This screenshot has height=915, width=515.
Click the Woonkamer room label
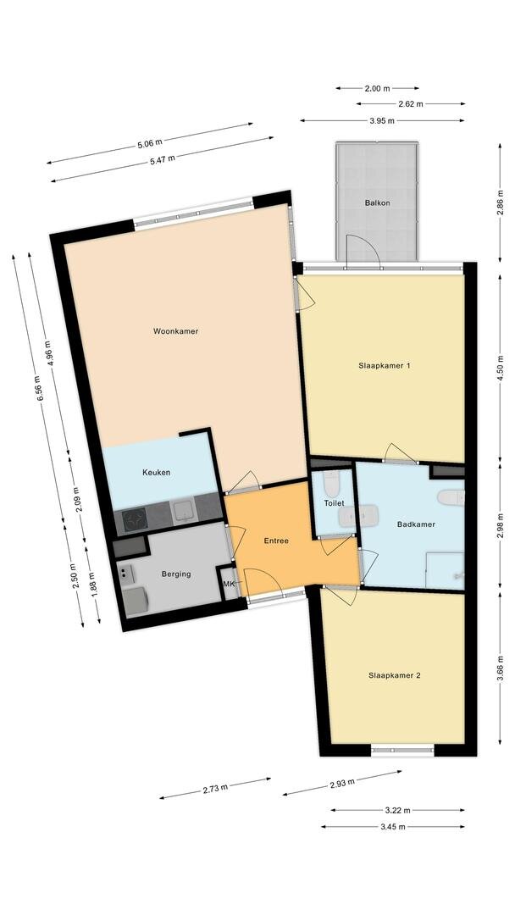pyautogui.click(x=175, y=331)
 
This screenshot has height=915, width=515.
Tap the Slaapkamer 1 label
pyautogui.click(x=385, y=366)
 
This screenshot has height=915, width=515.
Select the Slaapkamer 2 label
pyautogui.click(x=394, y=676)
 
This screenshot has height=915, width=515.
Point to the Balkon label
pyautogui.click(x=377, y=203)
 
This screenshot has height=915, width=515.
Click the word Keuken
pyautogui.click(x=157, y=472)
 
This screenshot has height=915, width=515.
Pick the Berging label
pyautogui.click(x=176, y=574)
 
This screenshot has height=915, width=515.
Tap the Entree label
pyautogui.click(x=276, y=541)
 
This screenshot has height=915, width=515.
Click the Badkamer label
pyautogui.click(x=416, y=524)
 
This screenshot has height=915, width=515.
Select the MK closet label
pyautogui.click(x=229, y=584)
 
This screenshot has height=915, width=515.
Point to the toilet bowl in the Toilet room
pyautogui.click(x=331, y=483)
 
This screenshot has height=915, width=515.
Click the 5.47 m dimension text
pyautogui.click(x=162, y=159)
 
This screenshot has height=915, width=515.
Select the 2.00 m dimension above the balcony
pyautogui.click(x=377, y=89)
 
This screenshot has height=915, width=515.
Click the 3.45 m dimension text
pyautogui.click(x=392, y=826)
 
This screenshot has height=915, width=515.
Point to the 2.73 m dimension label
pyautogui.click(x=215, y=789)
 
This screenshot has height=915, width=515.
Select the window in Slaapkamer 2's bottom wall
pyautogui.click(x=403, y=751)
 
